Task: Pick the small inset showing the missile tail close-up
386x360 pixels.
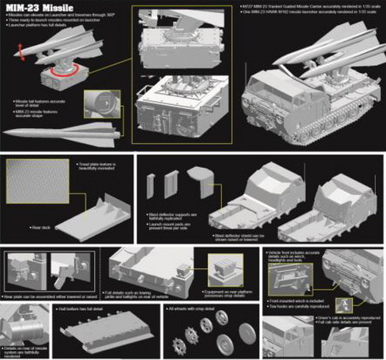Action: tap(102, 104)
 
